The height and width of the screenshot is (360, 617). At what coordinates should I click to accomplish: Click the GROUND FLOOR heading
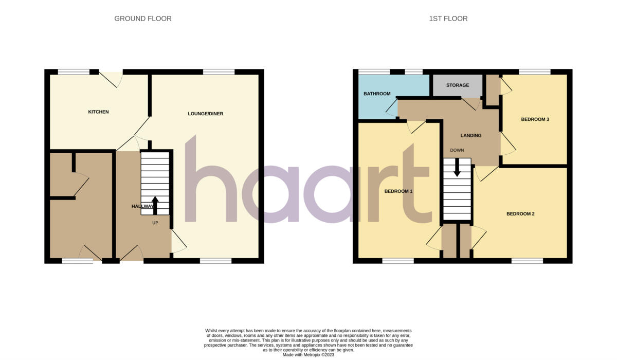142,19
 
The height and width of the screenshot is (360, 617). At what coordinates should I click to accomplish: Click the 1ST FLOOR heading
448,19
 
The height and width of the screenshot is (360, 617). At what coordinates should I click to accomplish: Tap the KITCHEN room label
98,112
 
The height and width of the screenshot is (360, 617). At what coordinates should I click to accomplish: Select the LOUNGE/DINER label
205,114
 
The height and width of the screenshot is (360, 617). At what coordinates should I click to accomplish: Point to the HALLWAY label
142,206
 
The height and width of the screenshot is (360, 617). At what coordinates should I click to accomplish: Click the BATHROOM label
377,94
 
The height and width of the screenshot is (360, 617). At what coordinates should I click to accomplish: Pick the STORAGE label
457,85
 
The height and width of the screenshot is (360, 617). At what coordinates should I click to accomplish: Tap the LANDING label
470,136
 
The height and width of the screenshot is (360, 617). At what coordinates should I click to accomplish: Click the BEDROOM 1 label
398,191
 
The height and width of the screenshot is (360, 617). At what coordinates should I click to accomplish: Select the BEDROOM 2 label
520,213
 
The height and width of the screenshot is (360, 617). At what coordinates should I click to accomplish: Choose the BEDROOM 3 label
535,119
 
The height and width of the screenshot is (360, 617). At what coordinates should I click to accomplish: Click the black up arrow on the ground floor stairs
155,205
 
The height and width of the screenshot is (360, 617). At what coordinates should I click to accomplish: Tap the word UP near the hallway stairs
155,223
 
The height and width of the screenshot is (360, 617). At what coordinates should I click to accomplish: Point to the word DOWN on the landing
457,150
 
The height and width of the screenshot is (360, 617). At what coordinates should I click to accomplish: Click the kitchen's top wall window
74,72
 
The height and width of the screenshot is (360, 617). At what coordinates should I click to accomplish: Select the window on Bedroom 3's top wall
534,72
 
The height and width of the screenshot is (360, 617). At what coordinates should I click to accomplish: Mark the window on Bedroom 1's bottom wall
397,261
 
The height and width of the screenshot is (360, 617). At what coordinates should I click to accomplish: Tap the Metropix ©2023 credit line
308,355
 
